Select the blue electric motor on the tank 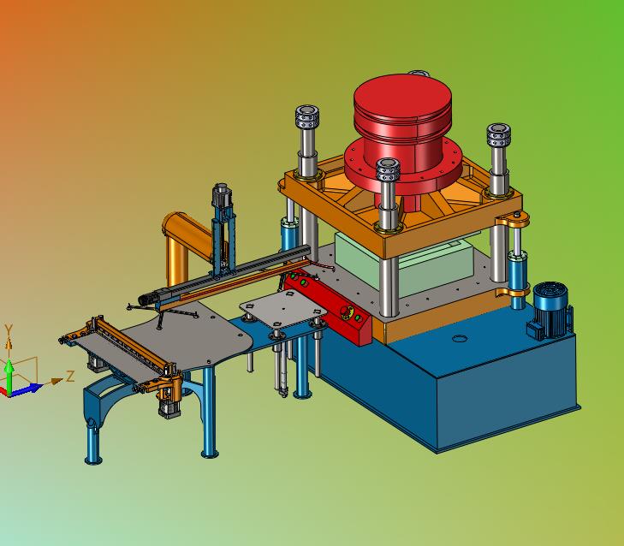(550, 312)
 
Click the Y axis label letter (9, 329)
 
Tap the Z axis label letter (70, 376)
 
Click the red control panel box (328, 306)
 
